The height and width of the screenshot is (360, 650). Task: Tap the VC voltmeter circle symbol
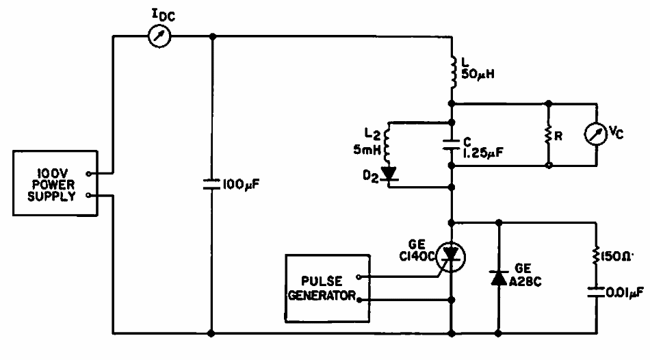click(x=597, y=134)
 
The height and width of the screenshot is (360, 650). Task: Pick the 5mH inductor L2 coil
click(x=388, y=143)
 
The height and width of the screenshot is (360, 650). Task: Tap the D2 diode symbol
click(x=389, y=173)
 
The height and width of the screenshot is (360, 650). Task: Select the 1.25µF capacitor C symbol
click(x=452, y=144)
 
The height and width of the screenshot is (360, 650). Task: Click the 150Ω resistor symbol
click(x=594, y=258)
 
